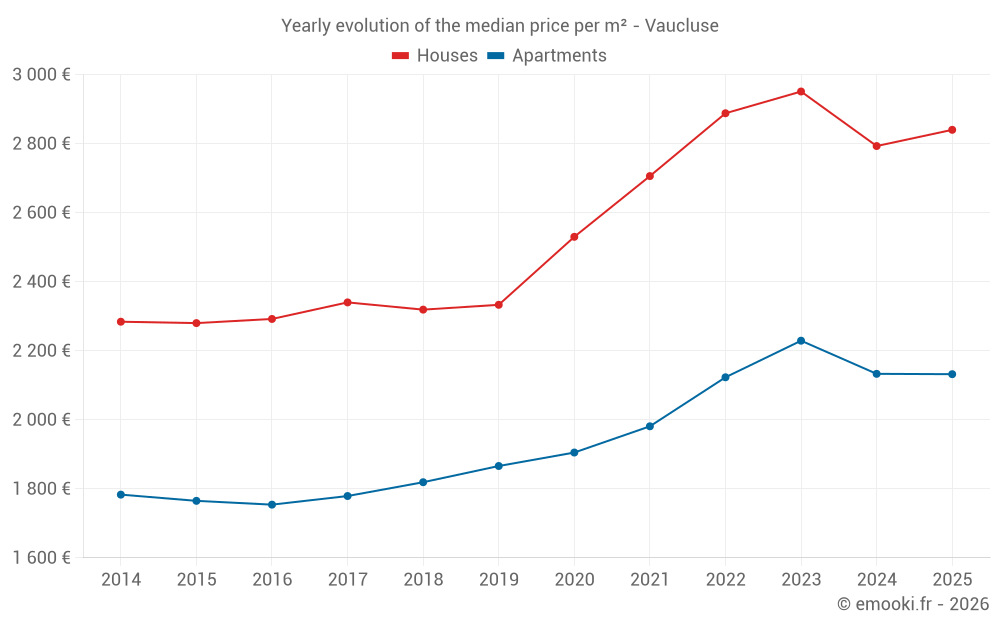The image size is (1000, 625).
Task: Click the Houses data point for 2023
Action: click(801, 92)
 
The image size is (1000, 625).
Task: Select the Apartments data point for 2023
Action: click(801, 341)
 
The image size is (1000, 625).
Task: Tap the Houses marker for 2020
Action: click(574, 237)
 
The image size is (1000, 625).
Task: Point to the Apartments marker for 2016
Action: click(271, 505)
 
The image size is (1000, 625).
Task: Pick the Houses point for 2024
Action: click(877, 146)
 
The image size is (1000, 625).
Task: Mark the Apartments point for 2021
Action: click(650, 426)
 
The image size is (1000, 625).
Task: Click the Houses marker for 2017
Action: click(347, 302)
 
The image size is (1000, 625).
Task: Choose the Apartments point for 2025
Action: click(952, 374)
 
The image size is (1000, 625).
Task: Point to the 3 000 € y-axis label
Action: click(41, 75)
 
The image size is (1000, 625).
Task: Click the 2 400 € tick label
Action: click(41, 282)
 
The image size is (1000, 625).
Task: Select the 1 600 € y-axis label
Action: click(41, 558)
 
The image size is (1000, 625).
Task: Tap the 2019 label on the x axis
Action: click(498, 580)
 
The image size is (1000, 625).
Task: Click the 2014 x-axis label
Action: click(120, 580)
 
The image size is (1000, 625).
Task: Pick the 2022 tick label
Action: click(725, 580)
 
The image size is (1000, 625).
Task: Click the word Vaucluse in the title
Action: click(682, 26)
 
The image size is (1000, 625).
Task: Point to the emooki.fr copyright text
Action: click(913, 604)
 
